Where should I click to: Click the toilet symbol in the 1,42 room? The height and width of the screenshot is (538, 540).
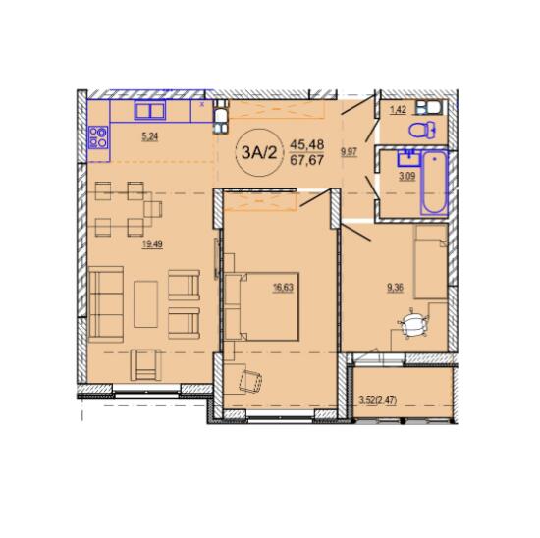[x=422, y=131]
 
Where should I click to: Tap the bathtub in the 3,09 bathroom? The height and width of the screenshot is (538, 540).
[x=435, y=184]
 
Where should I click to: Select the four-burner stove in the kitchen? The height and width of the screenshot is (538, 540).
[x=98, y=137]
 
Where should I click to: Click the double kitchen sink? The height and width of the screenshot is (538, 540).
[x=150, y=111]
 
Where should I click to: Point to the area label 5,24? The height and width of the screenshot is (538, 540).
[x=150, y=137]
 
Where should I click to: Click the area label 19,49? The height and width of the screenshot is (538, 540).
[x=152, y=244]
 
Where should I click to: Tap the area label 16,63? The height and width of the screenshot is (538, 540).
[x=283, y=288]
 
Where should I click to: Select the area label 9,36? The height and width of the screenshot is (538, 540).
[x=395, y=288]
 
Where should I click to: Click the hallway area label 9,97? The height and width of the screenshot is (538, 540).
[x=350, y=152]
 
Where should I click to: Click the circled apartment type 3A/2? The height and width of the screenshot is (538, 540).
[x=259, y=152]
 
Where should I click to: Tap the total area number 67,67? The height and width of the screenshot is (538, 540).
[x=307, y=160]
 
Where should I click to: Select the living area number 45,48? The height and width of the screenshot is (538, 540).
[x=307, y=144]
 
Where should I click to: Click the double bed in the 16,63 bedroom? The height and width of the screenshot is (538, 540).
[x=262, y=307]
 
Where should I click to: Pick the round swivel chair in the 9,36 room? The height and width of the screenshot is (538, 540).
[x=412, y=324]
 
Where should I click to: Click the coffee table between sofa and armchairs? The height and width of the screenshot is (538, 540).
[x=146, y=304]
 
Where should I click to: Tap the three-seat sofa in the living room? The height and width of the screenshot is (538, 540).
[x=106, y=304]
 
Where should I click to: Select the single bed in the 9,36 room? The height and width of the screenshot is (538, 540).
[x=430, y=262]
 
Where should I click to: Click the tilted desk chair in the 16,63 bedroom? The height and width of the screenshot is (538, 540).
[x=250, y=380]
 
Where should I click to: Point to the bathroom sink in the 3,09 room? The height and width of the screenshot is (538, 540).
[x=409, y=158]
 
